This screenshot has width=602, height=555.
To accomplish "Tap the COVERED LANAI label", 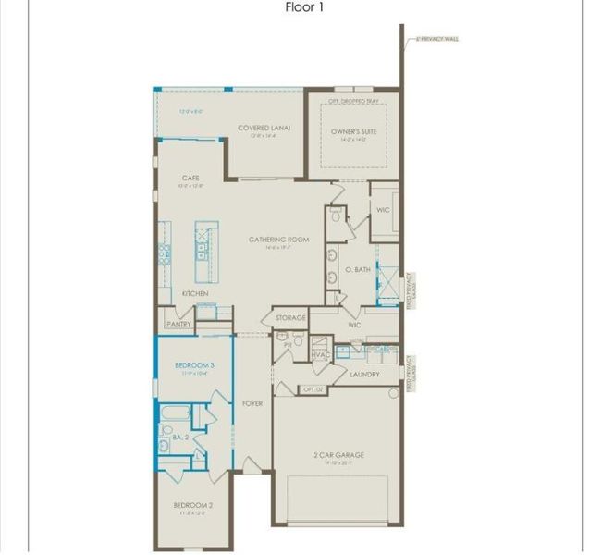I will tap(258, 129).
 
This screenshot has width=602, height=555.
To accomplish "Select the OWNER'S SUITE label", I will tap(356, 131).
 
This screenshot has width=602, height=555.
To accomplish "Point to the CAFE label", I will tap(190, 178).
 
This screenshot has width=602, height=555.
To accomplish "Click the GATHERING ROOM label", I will tap(278, 240).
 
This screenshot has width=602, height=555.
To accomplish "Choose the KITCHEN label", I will tap(194, 293).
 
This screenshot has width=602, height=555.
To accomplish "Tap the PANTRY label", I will tap(178, 325).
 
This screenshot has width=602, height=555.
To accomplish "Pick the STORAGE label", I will tap(290, 318).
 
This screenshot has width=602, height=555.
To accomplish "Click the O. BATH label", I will tap(358, 270).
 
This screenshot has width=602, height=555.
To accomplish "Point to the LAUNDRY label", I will tap(364, 374).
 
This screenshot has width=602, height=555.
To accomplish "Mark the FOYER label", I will tap(252, 404).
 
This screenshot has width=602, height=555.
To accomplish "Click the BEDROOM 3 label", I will tap(195, 365).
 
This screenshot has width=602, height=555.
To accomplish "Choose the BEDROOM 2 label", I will tap(193, 505).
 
